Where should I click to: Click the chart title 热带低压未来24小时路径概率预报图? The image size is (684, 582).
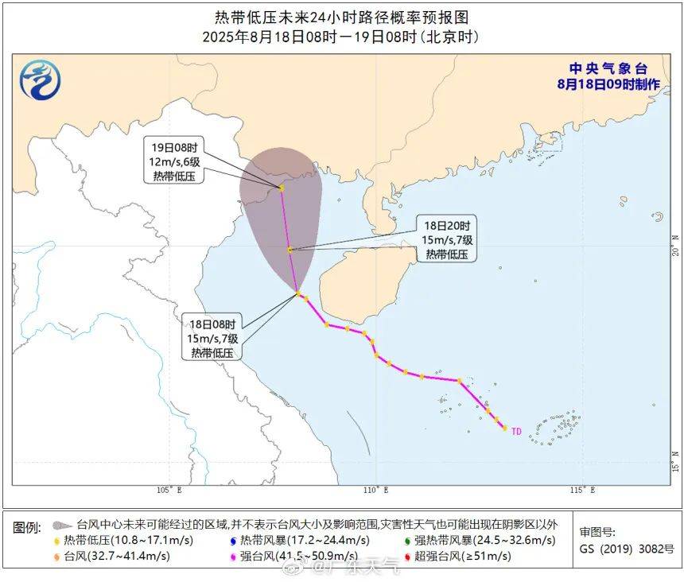click(342, 16)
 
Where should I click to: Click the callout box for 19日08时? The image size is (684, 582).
click(174, 162)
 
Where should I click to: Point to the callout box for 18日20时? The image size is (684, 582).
click(447, 240)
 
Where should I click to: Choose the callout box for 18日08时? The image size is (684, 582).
click(212, 338)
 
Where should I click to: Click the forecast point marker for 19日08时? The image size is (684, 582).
click(282, 188)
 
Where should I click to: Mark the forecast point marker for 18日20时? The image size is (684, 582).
click(290, 250)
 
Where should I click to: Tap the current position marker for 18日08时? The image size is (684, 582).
click(299, 294)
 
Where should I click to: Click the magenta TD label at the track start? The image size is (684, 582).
click(516, 432)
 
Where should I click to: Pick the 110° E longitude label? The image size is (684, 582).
click(377, 490)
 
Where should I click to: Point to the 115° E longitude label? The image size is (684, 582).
click(583, 490)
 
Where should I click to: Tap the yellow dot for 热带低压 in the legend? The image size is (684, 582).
click(56, 541)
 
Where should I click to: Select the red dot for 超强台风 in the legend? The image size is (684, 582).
click(406, 556)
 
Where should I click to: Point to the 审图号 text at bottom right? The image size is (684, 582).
click(597, 533)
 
